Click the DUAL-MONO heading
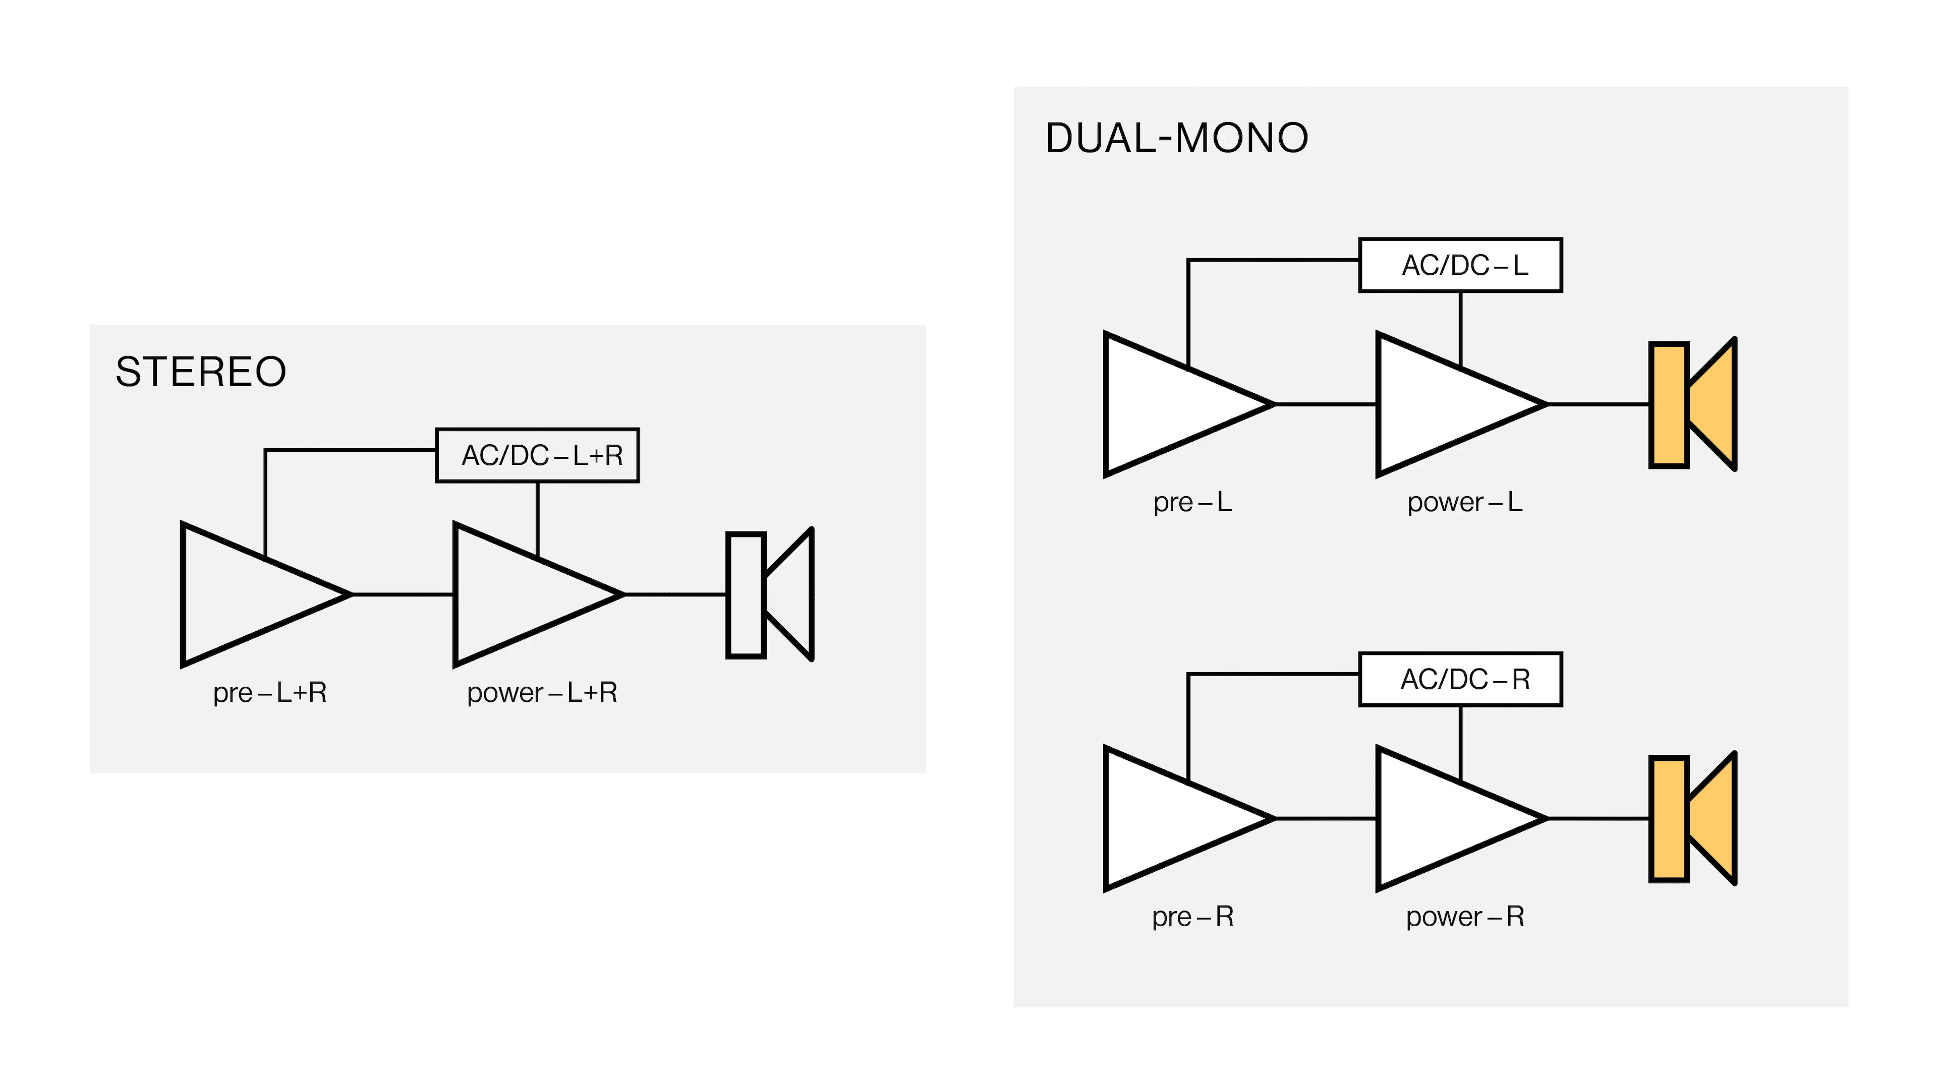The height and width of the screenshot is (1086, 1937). click(x=1177, y=138)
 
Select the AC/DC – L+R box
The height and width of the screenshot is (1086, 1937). click(x=538, y=455)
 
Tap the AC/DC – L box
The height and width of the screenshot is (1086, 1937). click(x=1460, y=265)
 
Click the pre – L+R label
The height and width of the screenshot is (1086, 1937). click(x=270, y=693)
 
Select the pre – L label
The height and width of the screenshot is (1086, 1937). click(x=1192, y=502)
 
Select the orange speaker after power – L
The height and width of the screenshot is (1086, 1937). click(x=1692, y=405)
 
